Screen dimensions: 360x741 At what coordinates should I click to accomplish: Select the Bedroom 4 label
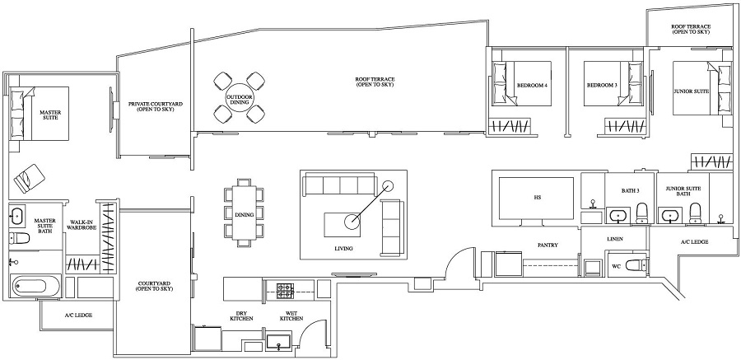coord(532,85)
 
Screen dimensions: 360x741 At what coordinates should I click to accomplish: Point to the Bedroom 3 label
coord(602,85)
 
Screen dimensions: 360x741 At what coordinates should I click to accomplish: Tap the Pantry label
coord(548,245)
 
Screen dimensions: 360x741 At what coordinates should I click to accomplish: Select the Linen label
coord(614,240)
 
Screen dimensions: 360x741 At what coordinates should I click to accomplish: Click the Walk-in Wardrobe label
coord(81,226)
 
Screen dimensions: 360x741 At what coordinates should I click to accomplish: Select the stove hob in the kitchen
coord(285,290)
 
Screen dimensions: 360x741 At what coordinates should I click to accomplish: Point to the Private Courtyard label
coord(155,107)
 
